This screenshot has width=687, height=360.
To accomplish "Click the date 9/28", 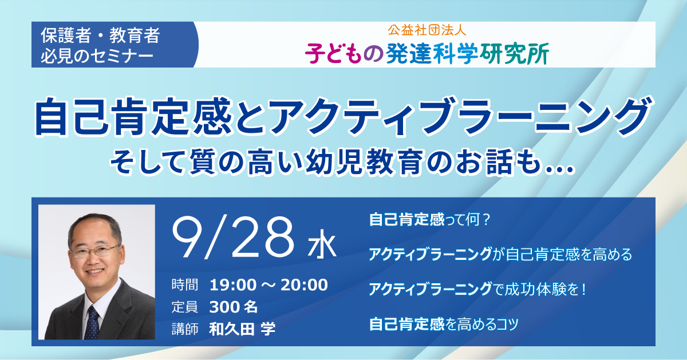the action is pos(233,237).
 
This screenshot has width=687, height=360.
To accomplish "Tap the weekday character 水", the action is pos(322,246).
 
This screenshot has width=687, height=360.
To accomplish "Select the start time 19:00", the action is pos(233,285).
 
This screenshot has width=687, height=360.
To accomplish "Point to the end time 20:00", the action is pos(304,285).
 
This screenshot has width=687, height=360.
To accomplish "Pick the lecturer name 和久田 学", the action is pos(242,329).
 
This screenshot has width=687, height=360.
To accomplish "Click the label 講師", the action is pos(184,329).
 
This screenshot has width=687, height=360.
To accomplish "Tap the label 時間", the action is pos(184,285).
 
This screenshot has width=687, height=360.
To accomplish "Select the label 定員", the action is pos(184,307).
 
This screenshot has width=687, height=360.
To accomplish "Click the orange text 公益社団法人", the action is pos(427,30).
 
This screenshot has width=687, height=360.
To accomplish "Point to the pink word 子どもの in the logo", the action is pos(344,54).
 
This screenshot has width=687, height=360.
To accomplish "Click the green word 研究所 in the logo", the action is pos(515,54).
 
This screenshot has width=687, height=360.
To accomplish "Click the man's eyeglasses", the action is pos(95,251).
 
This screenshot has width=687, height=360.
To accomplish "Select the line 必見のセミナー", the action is pos(97,56).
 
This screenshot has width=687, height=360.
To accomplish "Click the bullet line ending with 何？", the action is pos(429,220).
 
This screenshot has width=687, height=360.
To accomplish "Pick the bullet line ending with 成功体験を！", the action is pos(477,289).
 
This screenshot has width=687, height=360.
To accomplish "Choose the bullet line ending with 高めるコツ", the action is pos(444,324).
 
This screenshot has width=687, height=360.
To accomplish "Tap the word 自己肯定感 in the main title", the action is pos(133,117).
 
